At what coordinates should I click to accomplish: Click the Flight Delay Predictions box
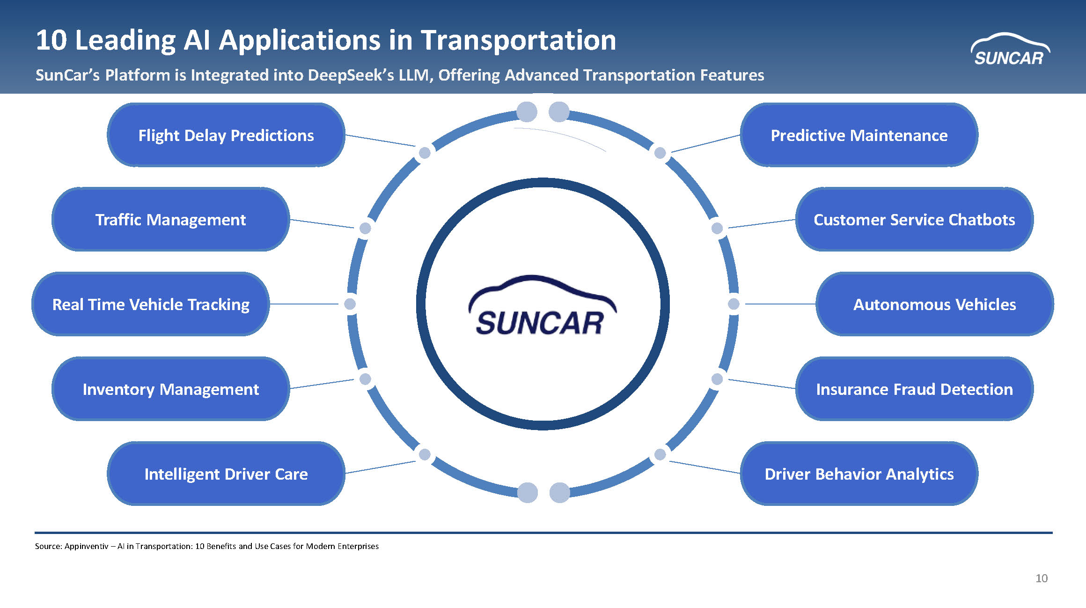click(x=226, y=135)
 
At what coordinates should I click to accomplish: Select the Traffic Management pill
click(x=170, y=219)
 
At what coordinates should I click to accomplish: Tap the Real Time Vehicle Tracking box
click(x=151, y=304)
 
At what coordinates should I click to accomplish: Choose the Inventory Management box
click(x=170, y=389)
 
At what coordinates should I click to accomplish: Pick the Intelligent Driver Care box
click(x=226, y=474)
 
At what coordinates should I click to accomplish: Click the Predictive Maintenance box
click(x=859, y=135)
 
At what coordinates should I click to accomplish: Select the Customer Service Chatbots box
click(x=914, y=219)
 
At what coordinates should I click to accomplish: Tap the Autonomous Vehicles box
click(x=935, y=304)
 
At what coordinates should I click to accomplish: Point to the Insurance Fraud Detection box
click(x=914, y=389)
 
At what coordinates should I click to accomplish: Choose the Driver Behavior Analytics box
click(x=859, y=474)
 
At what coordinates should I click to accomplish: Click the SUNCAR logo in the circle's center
click(x=543, y=305)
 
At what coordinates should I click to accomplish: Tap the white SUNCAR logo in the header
click(x=1010, y=49)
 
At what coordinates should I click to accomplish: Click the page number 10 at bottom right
click(x=1042, y=578)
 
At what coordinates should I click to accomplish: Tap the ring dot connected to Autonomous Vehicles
click(x=734, y=304)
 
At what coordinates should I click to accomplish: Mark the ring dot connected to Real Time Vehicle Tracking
click(x=350, y=304)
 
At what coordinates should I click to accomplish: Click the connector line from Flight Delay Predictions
click(x=380, y=141)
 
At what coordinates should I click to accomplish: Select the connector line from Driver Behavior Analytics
click(x=704, y=467)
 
